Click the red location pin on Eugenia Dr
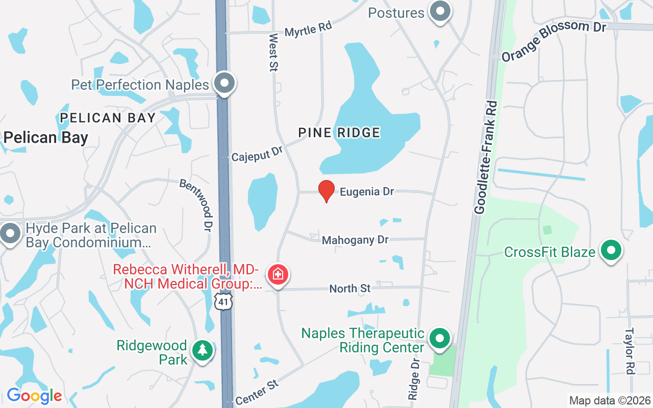[x=326, y=191]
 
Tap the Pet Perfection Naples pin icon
[x=224, y=83]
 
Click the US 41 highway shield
[x=223, y=302]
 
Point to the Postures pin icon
[x=439, y=11]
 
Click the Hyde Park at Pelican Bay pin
[x=10, y=234]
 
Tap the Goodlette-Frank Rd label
[x=486, y=157]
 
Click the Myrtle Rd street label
[x=308, y=29]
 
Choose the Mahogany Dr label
[x=355, y=240]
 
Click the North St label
[x=350, y=289]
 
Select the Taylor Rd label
[x=629, y=351]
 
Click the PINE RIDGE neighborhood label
[x=339, y=133]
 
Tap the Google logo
[x=34, y=396]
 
